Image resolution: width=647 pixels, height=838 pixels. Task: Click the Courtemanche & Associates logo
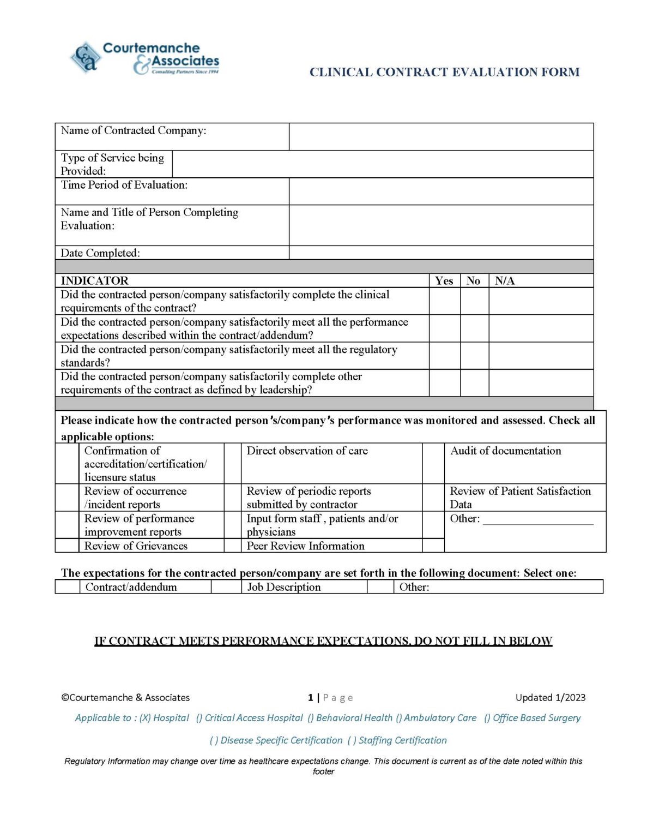[x=144, y=58]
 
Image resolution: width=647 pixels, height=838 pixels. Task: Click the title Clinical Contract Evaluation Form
[x=444, y=72]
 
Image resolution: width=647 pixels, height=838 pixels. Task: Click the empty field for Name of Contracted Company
[x=440, y=136]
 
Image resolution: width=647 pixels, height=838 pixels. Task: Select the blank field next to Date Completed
[x=440, y=253]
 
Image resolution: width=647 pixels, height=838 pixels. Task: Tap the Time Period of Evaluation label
[x=124, y=185]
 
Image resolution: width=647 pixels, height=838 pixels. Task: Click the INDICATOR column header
[x=94, y=280]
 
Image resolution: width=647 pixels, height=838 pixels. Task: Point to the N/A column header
[x=504, y=280]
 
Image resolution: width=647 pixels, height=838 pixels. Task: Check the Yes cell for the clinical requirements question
[x=444, y=301]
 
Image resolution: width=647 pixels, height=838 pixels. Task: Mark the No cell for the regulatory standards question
[x=474, y=356]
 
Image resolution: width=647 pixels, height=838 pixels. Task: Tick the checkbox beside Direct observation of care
[x=232, y=463]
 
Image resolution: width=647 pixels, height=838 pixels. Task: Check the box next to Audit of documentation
[x=433, y=463]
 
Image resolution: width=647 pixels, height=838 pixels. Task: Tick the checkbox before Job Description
[x=226, y=587]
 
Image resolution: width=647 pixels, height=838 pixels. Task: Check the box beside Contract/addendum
[x=67, y=587]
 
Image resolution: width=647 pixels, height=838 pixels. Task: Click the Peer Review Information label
[x=305, y=546]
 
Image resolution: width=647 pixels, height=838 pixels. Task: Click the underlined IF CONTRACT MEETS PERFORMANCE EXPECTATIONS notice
[x=323, y=641]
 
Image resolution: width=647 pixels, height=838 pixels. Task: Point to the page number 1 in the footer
[x=311, y=698]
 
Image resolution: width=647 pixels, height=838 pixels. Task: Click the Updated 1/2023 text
[x=550, y=697]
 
